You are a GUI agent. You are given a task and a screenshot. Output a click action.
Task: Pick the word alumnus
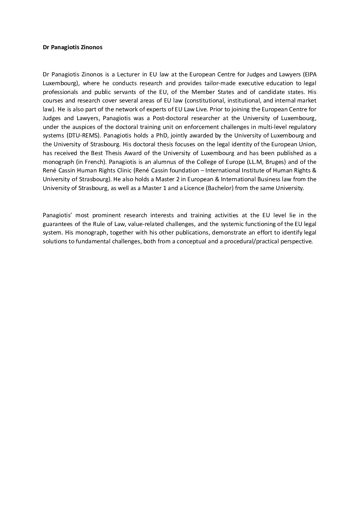(x=159, y=162)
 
